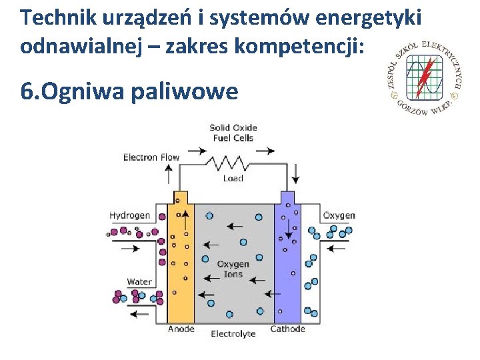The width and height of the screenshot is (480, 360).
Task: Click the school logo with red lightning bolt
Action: click(424, 77)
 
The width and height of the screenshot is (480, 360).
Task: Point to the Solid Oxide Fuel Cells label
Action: click(233, 133)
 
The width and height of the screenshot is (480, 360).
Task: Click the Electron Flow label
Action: click(151, 158)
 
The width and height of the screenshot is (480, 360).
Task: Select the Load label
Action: click(233, 179)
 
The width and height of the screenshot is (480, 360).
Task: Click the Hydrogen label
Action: click(129, 215)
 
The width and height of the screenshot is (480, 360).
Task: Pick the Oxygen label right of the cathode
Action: click(339, 215)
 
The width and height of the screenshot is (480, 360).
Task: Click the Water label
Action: click(139, 281)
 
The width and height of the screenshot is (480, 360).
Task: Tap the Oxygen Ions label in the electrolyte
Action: click(233, 269)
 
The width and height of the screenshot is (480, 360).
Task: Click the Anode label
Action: click(181, 329)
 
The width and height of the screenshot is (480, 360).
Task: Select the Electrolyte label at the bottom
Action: click(233, 333)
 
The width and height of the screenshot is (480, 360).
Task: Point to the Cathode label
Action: click(287, 329)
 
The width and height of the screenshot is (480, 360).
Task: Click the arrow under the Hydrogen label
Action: click(129, 248)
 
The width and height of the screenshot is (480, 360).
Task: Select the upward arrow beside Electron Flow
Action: click(169, 175)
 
